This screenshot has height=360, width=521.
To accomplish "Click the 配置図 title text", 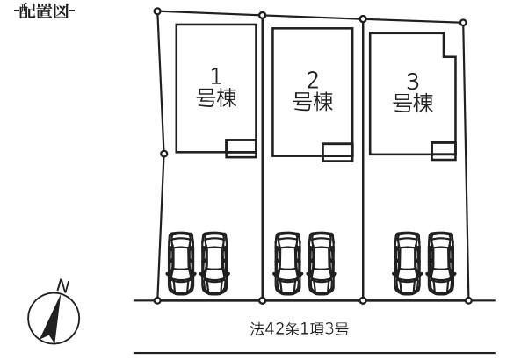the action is click(44, 11).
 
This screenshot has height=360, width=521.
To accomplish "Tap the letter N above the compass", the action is click(62, 286).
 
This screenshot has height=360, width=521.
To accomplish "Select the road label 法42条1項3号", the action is click(299, 329).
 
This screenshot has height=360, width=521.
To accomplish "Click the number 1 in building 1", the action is click(216, 76).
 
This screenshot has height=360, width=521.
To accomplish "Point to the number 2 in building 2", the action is click(312, 80).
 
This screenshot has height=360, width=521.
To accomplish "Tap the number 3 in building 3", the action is click(412, 82).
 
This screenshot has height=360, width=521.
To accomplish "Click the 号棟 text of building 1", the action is click(216, 97).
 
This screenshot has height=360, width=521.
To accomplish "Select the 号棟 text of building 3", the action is click(413, 103).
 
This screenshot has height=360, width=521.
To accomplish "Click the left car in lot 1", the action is click(181, 263).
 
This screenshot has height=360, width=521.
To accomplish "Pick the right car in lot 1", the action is click(214, 263).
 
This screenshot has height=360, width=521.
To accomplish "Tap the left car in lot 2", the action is click(288, 263).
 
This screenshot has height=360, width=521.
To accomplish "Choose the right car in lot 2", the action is click(322, 263).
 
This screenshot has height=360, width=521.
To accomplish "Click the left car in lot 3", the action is click(408, 263).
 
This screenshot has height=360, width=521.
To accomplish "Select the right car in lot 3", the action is click(441, 263).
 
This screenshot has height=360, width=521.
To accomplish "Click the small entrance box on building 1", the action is click(241, 148).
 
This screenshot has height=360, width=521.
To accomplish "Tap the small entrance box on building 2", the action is click(337, 153).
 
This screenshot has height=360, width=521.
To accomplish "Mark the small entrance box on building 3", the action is click(444, 151).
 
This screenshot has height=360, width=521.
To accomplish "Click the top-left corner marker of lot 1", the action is click(157, 11).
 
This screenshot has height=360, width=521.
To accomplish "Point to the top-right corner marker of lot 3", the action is click(463, 23).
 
